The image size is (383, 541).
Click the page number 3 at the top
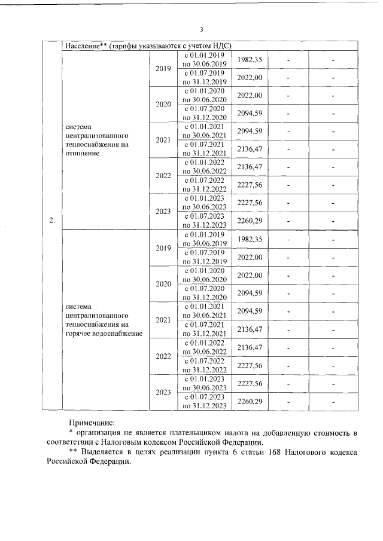pos(201,29)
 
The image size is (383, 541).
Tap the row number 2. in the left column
pos(52,221)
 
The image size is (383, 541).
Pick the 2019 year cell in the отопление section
pos(163,69)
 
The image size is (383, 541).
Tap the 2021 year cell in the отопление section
pos(163,140)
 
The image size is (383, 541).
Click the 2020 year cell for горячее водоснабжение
pos(163,284)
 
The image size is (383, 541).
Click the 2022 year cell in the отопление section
pos(163,176)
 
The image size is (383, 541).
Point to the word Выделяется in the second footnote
pos(102,453)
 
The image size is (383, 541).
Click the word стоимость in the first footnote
pos(330,432)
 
